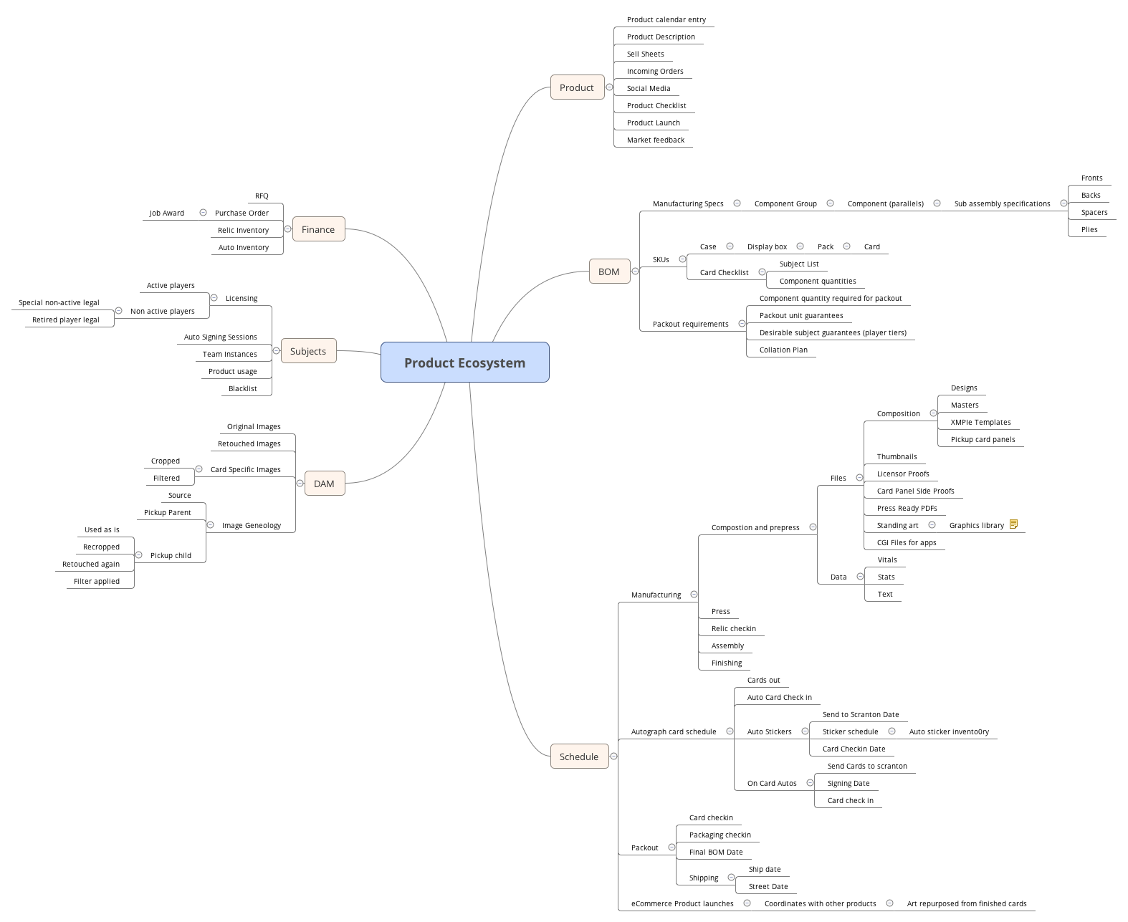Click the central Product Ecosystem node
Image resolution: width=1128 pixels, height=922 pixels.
point(464,362)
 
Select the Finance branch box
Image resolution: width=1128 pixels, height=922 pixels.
point(318,229)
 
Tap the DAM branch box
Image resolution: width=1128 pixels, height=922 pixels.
point(324,484)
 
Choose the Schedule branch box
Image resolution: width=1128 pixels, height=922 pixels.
point(578,757)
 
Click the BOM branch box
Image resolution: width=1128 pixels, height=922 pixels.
point(608,272)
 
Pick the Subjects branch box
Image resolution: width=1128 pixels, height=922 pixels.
point(308,351)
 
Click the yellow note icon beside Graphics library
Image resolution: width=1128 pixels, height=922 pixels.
point(1013,524)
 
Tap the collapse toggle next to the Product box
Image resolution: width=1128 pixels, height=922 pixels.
point(609,87)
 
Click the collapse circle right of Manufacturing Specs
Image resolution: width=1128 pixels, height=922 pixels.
point(737,203)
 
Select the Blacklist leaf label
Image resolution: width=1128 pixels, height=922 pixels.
point(243,389)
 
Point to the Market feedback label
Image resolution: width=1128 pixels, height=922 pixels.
point(655,140)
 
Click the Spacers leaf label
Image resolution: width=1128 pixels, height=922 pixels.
point(1094,213)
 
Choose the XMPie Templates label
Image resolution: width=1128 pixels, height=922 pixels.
point(980,423)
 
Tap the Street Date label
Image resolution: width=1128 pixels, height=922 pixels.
point(768,887)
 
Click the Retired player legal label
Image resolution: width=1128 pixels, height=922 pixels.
point(66,320)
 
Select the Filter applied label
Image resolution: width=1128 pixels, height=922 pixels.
point(97,582)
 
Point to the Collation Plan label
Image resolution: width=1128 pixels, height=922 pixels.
point(783,350)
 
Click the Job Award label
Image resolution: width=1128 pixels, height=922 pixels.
point(167,213)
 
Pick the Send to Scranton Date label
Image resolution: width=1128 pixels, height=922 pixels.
point(860,715)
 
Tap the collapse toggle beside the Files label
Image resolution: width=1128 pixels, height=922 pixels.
point(859,478)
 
